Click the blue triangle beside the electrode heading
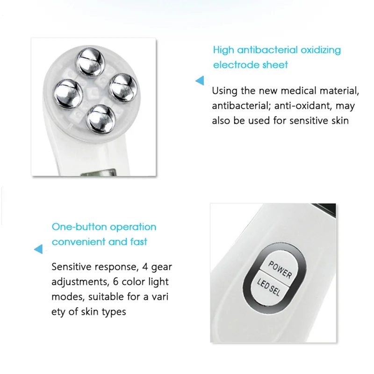tap(200, 81)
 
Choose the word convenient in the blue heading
tap(79, 242)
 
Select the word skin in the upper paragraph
tap(338, 120)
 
